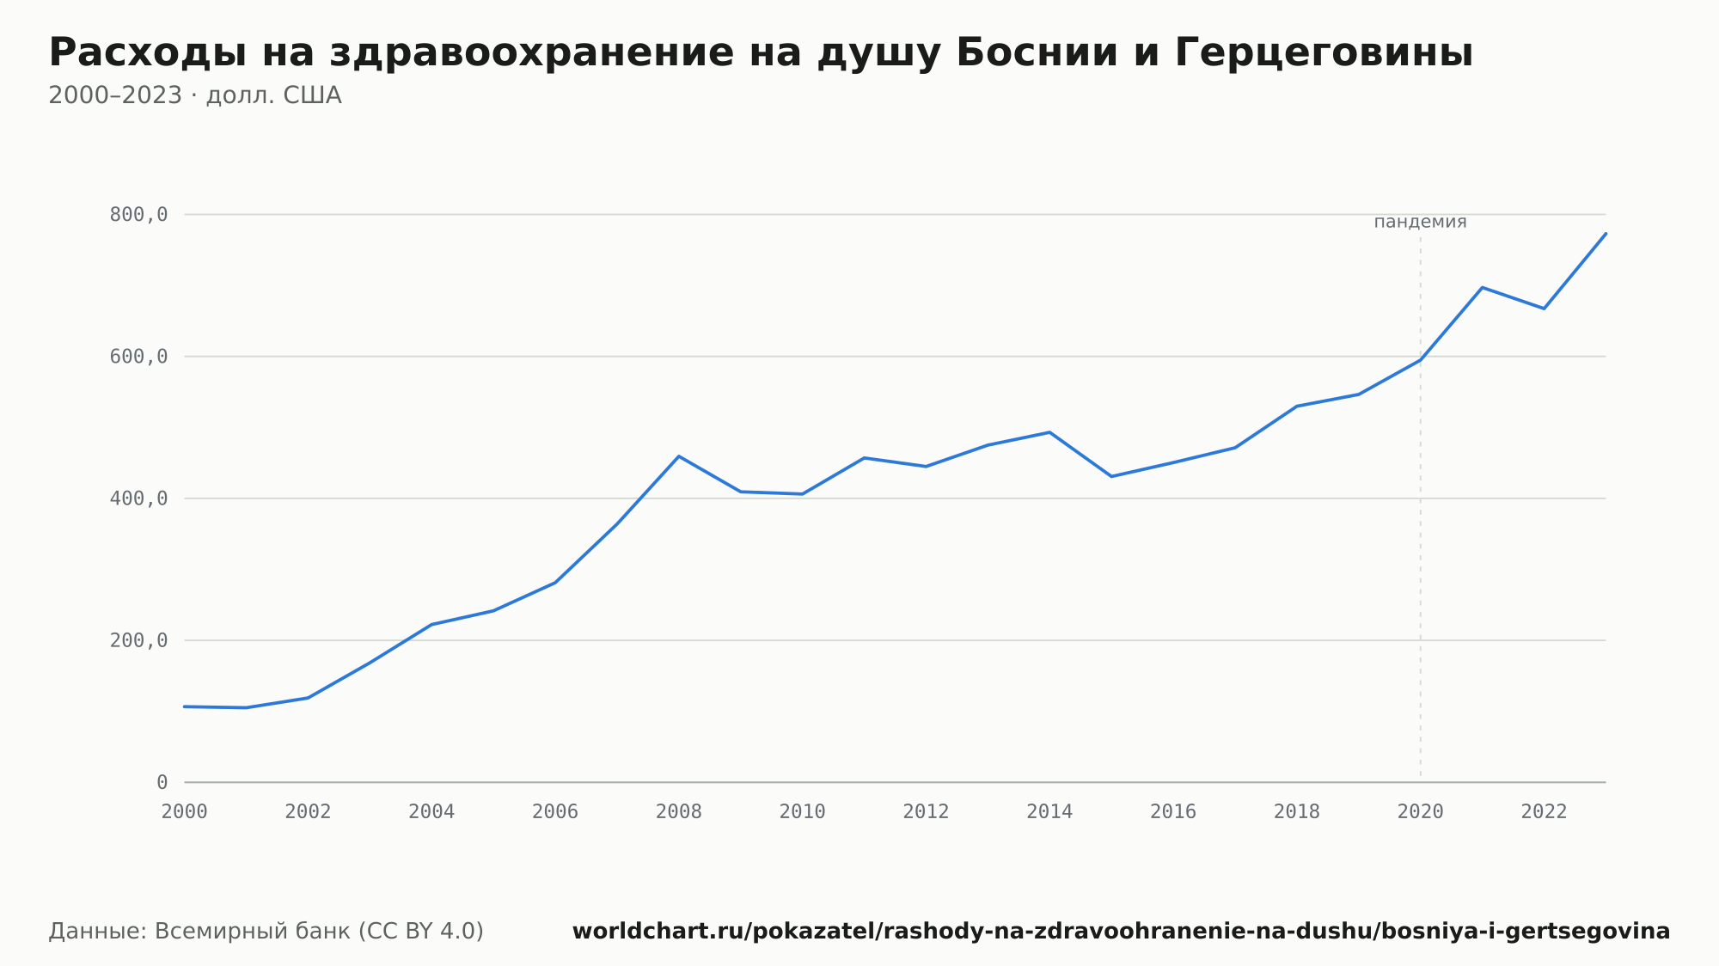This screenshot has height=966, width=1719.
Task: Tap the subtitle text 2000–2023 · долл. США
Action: (195, 95)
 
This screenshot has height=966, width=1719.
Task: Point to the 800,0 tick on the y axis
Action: (138, 215)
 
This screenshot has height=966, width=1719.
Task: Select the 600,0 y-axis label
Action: (138, 357)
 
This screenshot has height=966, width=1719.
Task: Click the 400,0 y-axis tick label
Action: (138, 498)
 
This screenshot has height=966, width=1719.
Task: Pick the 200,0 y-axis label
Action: (138, 640)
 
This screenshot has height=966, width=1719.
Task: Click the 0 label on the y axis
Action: (162, 782)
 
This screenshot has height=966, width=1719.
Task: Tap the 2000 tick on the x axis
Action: (185, 812)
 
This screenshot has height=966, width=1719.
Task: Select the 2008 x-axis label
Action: (679, 812)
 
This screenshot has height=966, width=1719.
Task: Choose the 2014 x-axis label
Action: (1049, 812)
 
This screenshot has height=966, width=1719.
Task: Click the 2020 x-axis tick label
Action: (1421, 812)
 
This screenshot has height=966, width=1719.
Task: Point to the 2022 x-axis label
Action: (1545, 812)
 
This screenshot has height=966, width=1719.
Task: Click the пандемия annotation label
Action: (1420, 222)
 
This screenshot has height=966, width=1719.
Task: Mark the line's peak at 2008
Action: (679, 456)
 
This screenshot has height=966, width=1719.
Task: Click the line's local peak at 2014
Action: (1049, 432)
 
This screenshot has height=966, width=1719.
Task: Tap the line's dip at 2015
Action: (1111, 476)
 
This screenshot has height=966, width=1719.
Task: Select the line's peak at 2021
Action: (1483, 287)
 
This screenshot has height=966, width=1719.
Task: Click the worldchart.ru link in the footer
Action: (1121, 932)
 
